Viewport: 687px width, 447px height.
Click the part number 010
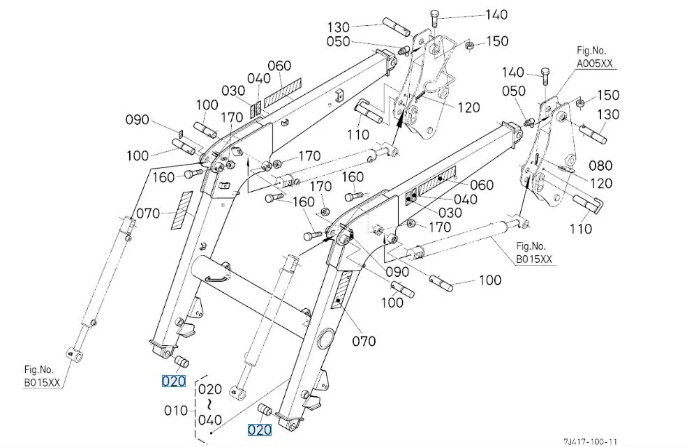tap(175, 411)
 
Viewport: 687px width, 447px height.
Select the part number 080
tap(600, 166)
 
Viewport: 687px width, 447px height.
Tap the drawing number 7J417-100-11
tap(591, 441)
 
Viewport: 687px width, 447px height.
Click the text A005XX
tap(596, 62)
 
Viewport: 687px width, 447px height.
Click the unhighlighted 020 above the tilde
tap(209, 389)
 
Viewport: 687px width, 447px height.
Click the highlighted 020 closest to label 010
tap(174, 381)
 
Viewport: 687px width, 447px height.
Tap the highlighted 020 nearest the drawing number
tap(260, 430)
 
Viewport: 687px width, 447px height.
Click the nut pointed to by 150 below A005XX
tap(579, 105)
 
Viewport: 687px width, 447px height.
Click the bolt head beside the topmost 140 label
tap(436, 15)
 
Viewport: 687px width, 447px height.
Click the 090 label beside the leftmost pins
tap(138, 120)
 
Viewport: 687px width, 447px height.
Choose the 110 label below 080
tap(580, 227)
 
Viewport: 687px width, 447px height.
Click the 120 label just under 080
tap(600, 183)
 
